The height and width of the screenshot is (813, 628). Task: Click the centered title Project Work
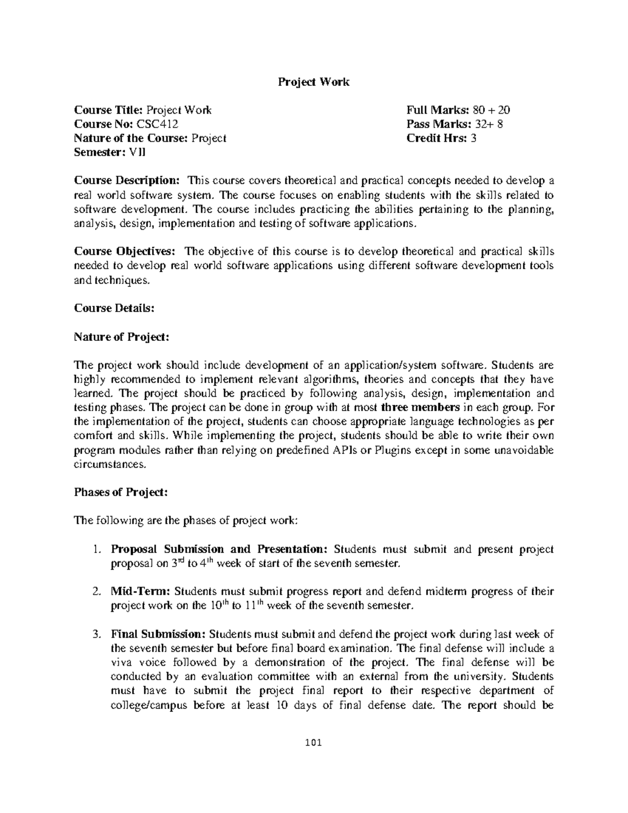[x=313, y=82]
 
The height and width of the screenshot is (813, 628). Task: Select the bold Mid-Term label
[x=140, y=592]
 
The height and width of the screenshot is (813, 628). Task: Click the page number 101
[x=313, y=743]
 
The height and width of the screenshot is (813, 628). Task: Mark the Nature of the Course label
[x=131, y=138]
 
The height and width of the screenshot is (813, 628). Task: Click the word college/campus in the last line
[x=149, y=705]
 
